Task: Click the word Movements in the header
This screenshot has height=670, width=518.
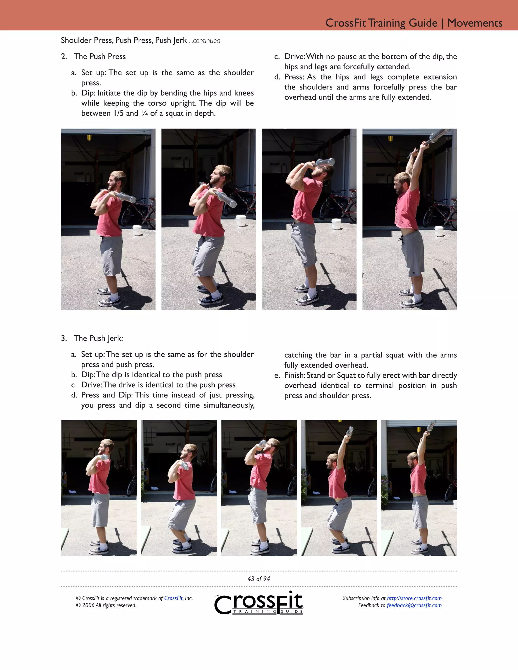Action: tap(474, 23)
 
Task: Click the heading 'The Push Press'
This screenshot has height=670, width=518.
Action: tap(99, 56)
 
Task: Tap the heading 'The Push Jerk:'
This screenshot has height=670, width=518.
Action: tap(98, 338)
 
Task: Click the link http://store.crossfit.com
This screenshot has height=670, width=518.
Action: tap(414, 598)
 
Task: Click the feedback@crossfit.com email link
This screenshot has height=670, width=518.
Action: tap(414, 605)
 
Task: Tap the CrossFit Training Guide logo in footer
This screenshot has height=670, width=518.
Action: tap(259, 603)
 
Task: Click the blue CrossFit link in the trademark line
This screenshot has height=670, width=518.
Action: tap(173, 598)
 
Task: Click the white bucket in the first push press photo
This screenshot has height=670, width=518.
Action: tap(137, 230)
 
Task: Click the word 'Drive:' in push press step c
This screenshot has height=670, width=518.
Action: tap(295, 56)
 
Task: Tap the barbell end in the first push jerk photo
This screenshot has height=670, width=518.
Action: tap(105, 457)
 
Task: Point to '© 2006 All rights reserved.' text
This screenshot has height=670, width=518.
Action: tap(106, 605)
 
